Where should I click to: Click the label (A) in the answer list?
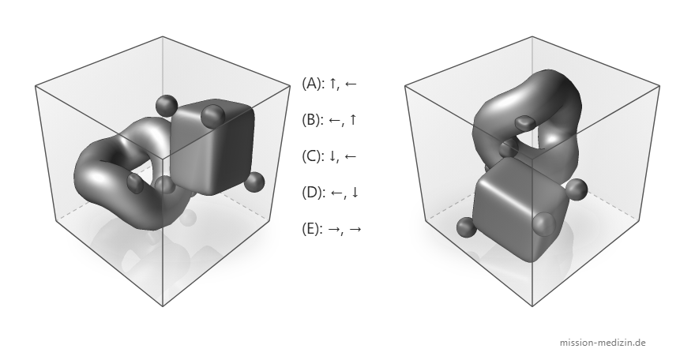[314, 83]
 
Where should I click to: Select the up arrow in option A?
[332, 83]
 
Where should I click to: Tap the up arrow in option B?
[352, 119]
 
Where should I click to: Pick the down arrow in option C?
[332, 156]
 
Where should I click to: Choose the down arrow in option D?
[355, 193]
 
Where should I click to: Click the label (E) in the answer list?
[313, 229]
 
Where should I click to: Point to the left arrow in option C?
[350, 156]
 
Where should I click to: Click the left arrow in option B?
[335, 120]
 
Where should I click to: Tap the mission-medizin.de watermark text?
[603, 343]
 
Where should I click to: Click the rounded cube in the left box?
[212, 146]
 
